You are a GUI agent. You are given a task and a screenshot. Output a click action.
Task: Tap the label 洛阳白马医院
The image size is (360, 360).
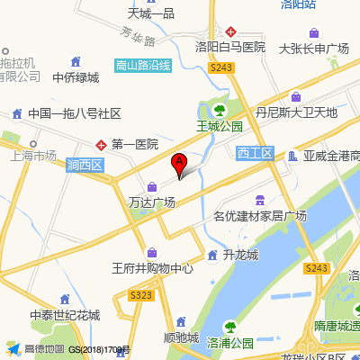pyautogui.click(x=230, y=46)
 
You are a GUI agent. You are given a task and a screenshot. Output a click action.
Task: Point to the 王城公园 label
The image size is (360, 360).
pyautogui.click(x=220, y=127)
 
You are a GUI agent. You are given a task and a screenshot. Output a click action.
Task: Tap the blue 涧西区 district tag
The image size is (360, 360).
pyautogui.click(x=85, y=165)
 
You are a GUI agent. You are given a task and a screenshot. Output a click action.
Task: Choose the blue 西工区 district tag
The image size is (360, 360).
pyautogui.click(x=255, y=154)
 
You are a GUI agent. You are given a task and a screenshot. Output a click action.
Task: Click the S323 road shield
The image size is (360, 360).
pyautogui.click(x=141, y=294)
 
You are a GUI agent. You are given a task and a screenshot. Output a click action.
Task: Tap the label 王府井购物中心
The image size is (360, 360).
pyautogui.click(x=152, y=268)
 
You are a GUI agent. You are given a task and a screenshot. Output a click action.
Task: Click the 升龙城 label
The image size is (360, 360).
pyautogui.click(x=240, y=255)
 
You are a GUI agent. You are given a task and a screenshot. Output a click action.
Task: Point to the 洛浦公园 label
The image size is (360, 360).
pyautogui.click(x=230, y=343)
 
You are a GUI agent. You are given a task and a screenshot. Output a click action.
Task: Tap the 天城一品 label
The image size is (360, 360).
pyautogui.click(x=150, y=13)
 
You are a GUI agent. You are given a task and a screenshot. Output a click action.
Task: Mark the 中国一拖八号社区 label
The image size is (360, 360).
pyautogui.click(x=74, y=114)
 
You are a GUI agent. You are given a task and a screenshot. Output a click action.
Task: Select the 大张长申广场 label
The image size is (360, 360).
pyautogui.click(x=313, y=48)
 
